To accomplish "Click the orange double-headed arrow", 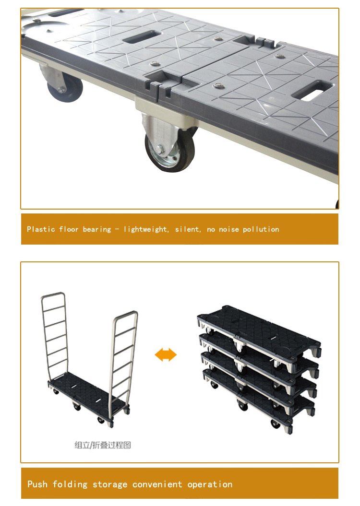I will coord(166,355).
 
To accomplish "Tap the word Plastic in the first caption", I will coord(41,229).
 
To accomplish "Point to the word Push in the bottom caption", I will coord(37,484).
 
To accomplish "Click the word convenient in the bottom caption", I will coord(157,484).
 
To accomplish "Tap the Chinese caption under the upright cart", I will coord(102,445).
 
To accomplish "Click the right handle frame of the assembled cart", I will coord(124,355).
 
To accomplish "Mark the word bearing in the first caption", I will coord(96,229).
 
